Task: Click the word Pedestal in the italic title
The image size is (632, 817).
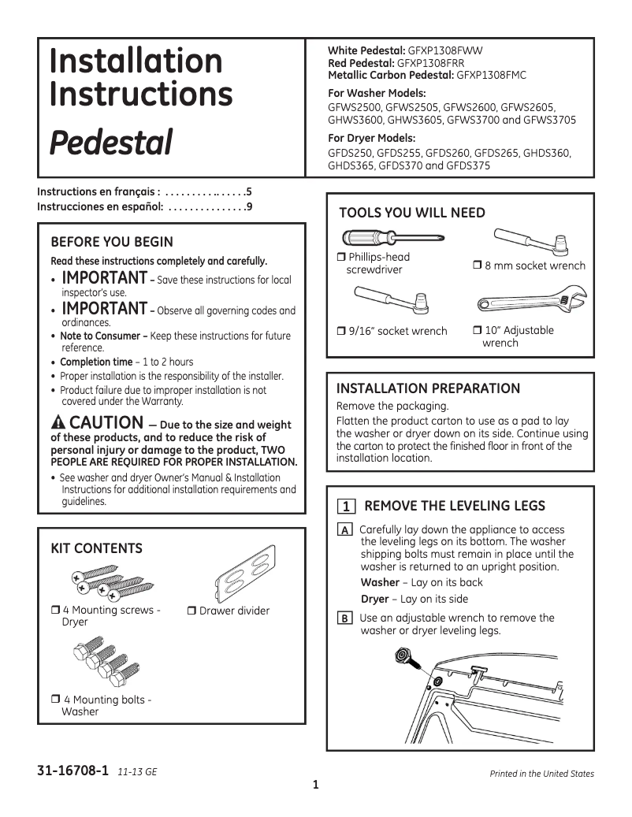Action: point(111,143)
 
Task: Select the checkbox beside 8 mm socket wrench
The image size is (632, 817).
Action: point(477,266)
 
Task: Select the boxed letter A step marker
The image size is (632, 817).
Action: point(344,531)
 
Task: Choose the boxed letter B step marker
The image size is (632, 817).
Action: point(344,619)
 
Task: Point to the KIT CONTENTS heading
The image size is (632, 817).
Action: point(96,548)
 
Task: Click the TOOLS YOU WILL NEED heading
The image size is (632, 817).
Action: point(411,213)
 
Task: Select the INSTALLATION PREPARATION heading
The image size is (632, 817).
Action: point(428,388)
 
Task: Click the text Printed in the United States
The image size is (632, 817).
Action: point(541,774)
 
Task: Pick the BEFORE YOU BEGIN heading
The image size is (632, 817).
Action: point(111,242)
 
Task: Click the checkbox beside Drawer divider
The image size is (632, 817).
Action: point(192,611)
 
